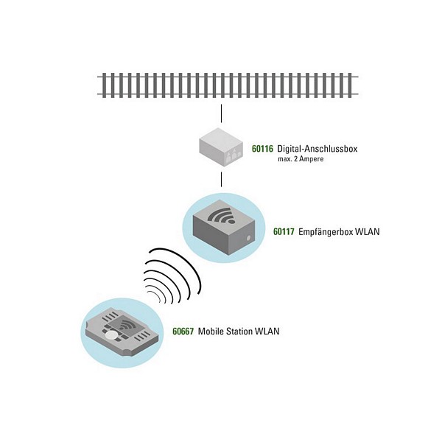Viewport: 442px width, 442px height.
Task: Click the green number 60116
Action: point(262,149)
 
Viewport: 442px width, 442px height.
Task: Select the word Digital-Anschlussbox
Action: point(318,149)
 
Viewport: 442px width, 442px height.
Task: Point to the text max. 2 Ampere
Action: point(301,159)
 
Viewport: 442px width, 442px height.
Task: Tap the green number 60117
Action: point(284,232)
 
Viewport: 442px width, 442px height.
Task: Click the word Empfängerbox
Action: point(325,232)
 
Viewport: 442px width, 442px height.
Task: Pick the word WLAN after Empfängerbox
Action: point(367,232)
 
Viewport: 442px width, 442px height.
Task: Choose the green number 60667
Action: point(183,331)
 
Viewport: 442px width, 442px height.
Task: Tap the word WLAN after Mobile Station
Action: point(267,331)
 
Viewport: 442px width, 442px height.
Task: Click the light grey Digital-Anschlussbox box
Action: point(221,147)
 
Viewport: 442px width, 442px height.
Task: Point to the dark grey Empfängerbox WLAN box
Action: point(224,227)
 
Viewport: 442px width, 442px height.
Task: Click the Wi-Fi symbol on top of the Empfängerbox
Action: point(222,216)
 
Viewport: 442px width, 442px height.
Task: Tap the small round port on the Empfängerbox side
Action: point(248,238)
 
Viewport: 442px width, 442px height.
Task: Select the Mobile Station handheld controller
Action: point(122,331)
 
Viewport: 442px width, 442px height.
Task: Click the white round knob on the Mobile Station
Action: point(110,335)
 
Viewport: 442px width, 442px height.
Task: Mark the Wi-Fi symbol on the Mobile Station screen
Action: point(124,325)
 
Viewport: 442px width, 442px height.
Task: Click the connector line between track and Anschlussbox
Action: point(221,113)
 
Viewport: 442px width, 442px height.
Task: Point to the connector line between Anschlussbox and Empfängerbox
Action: point(221,180)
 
